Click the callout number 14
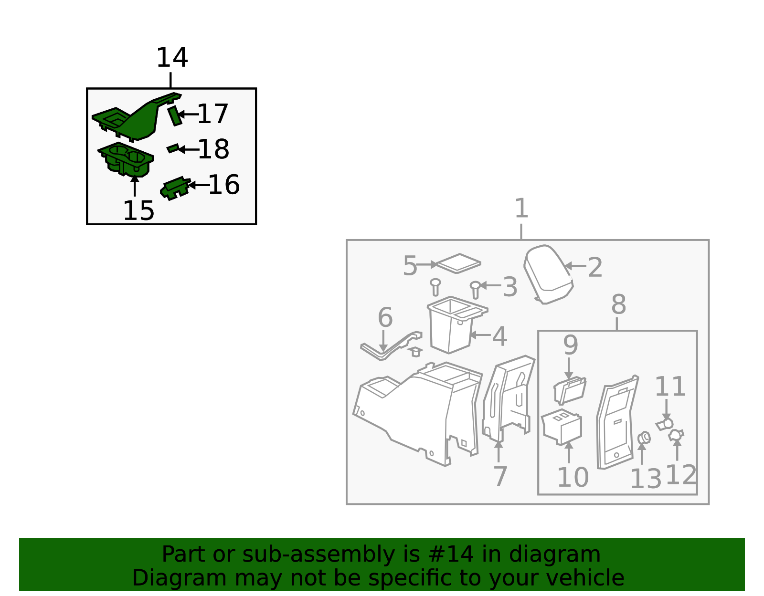pyautogui.click(x=172, y=58)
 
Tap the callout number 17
pyautogui.click(x=212, y=114)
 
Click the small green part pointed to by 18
pyautogui.click(x=173, y=148)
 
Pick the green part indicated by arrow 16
pyautogui.click(x=175, y=188)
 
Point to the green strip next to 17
pyautogui.click(x=174, y=116)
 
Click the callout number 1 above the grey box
pyautogui.click(x=521, y=208)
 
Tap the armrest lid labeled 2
pyautogui.click(x=548, y=274)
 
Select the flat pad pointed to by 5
pyautogui.click(x=458, y=263)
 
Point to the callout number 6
pyautogui.click(x=385, y=317)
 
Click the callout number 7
pyautogui.click(x=500, y=476)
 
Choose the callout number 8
pyautogui.click(x=618, y=304)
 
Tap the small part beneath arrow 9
pyautogui.click(x=570, y=390)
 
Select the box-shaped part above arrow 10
pyautogui.click(x=562, y=427)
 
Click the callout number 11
pyautogui.click(x=670, y=387)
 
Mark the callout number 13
pyautogui.click(x=646, y=479)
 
